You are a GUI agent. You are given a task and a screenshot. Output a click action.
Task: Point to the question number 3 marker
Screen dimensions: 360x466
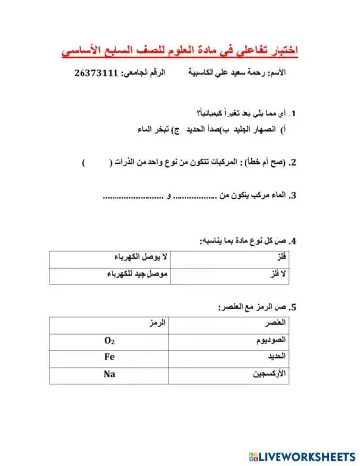293,196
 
